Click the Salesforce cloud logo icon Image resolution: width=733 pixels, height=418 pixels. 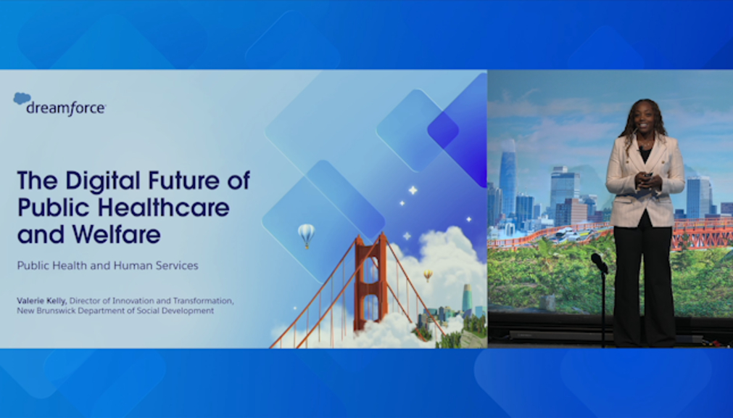pos(22,98)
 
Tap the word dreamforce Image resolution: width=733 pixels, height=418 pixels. pos(66,109)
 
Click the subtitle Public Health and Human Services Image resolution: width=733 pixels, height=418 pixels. pos(107,266)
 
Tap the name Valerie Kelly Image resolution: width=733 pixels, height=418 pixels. pos(41,301)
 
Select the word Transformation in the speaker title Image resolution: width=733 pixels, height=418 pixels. pos(203,300)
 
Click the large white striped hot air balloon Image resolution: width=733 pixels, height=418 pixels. pos(306,234)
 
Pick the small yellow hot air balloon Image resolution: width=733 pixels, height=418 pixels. pos(428,275)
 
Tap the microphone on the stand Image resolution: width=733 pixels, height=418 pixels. pos(599,263)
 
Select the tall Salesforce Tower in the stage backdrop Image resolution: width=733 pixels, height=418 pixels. pos(508,178)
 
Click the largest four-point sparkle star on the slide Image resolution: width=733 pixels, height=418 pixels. pos(413,190)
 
